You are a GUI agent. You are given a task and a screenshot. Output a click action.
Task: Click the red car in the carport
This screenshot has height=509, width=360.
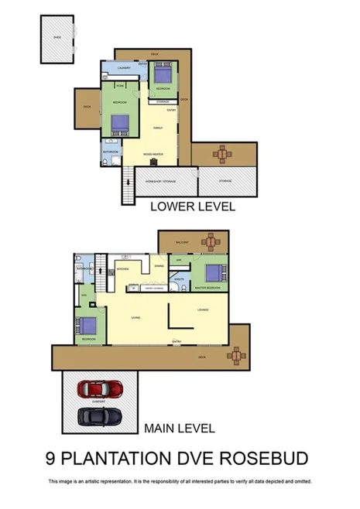tap(101, 389)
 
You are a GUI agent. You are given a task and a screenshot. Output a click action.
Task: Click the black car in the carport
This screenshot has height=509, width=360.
tap(101, 416)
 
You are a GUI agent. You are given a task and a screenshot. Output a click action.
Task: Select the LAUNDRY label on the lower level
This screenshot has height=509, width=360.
tap(123, 69)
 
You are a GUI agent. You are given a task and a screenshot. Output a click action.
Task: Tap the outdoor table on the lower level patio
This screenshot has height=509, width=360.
tap(223, 154)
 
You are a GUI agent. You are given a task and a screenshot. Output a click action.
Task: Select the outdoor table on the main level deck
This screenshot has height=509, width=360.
tap(236, 355)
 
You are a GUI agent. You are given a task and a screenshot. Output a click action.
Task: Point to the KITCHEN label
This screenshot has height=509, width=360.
tap(122, 269)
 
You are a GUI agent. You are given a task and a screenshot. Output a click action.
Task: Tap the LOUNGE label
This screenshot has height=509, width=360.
tap(203, 310)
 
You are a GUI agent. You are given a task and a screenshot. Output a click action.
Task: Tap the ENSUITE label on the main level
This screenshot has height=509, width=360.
tap(180, 278)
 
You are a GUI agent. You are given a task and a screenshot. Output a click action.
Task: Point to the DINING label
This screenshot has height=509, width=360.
tap(158, 267)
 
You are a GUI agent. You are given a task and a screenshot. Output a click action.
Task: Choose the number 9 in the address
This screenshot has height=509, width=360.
tap(52, 457)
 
